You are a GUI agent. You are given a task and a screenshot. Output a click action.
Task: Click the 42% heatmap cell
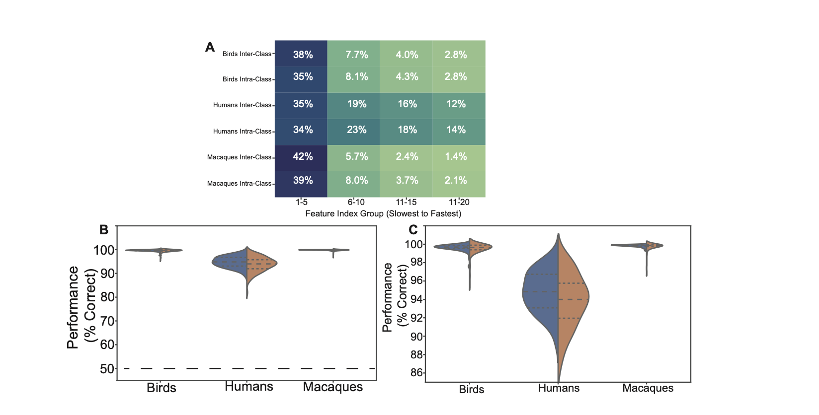point(302,157)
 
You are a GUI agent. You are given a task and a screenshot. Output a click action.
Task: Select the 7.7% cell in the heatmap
point(356,55)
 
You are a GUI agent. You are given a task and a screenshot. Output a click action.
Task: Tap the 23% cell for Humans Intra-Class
point(356,130)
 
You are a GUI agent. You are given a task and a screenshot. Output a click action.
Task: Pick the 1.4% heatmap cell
point(455,157)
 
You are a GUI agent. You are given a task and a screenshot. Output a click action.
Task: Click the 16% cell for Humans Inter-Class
point(407,104)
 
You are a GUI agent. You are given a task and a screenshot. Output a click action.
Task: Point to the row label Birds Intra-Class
point(246,79)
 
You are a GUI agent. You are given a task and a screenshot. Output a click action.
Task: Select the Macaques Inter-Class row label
point(239,157)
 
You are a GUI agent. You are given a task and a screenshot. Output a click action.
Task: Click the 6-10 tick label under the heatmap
point(356,202)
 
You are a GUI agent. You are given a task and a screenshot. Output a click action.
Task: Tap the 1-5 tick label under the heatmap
point(301,202)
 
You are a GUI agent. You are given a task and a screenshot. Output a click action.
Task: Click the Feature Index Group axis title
point(383,214)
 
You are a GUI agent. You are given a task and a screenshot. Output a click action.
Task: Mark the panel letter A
point(210,47)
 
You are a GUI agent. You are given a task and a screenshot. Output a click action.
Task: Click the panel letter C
point(413,230)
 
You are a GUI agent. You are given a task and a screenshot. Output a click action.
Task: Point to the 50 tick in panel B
point(107,369)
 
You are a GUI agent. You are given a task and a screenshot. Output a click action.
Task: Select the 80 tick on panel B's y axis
point(107,297)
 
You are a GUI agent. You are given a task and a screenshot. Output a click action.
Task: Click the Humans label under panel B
point(248,387)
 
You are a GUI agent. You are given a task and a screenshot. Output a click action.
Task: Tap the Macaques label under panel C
point(648,388)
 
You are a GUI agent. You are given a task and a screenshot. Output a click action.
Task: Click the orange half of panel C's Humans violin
point(573,298)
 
